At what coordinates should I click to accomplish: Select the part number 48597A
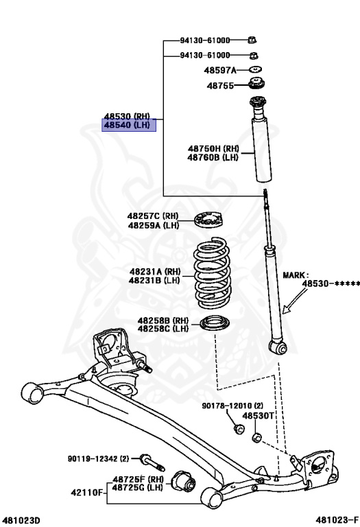click(220, 70)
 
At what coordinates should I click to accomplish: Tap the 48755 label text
click(220, 86)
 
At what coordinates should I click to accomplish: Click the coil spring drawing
click(212, 273)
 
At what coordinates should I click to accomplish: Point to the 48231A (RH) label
click(155, 272)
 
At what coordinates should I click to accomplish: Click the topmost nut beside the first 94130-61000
click(252, 40)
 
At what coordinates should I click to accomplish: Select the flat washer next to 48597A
click(256, 70)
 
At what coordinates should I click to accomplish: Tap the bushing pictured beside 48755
click(256, 83)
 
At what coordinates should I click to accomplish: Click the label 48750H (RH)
click(213, 148)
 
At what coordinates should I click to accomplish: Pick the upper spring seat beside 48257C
click(208, 220)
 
